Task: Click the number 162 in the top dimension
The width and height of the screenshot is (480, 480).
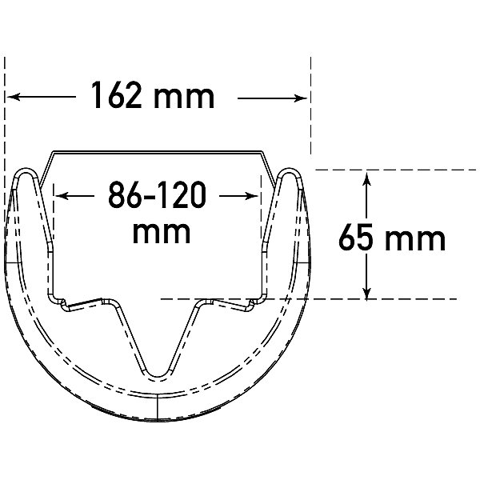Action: (x=116, y=94)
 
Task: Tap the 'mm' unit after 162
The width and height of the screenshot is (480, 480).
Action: (x=184, y=98)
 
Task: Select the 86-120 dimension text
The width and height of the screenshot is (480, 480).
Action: (x=158, y=194)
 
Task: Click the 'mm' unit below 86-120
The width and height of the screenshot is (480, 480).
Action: (x=162, y=233)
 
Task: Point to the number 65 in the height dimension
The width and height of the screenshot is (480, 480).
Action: (x=355, y=238)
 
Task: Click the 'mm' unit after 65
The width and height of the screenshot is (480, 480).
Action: (x=414, y=240)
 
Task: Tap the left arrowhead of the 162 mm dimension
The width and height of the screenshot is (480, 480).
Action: (x=14, y=97)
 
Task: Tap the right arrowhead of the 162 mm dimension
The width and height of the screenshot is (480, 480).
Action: (x=300, y=98)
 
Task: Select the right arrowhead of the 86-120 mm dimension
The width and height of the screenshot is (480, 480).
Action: (x=252, y=196)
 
